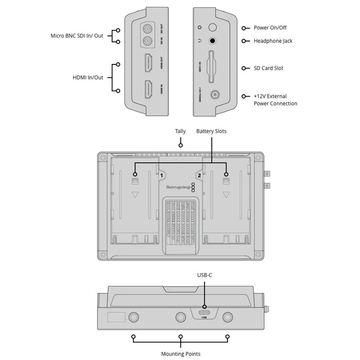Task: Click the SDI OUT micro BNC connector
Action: click(x=147, y=28)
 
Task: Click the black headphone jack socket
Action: click(x=213, y=41)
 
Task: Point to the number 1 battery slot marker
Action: click(x=162, y=175)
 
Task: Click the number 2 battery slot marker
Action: click(x=199, y=175)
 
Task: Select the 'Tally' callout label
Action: click(x=180, y=131)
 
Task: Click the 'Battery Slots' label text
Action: click(x=211, y=131)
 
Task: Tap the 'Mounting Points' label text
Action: click(x=180, y=354)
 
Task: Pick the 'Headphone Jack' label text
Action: click(x=273, y=41)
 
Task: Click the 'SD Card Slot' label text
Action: click(x=268, y=68)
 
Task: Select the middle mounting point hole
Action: click(x=181, y=317)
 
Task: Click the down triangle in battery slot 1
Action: click(x=135, y=195)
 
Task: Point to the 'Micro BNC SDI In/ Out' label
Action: click(x=77, y=36)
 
